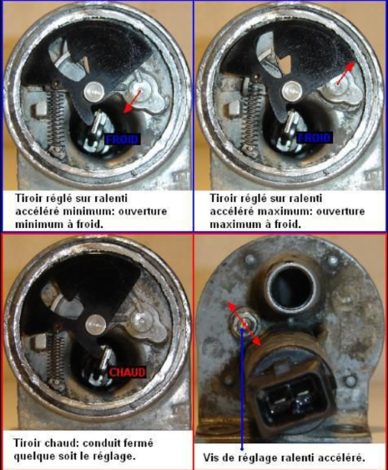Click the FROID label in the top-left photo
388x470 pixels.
coord(123,139)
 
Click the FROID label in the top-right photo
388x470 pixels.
coord(315,138)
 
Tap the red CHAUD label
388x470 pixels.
coord(128,372)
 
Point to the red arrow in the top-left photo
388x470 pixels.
coord(132,101)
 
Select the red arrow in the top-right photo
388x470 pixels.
coord(345,73)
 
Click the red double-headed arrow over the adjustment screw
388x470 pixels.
coord(244,324)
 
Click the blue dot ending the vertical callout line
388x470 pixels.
coord(242,449)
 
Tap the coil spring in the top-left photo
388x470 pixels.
coord(56,119)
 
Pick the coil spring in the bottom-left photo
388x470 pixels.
coord(56,361)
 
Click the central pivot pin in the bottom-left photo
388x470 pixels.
coord(96,326)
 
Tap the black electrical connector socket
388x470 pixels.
coord(292,396)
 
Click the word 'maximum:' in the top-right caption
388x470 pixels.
coord(285,211)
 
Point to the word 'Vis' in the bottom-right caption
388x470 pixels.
coord(210,458)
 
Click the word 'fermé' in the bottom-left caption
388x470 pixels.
coord(139,443)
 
